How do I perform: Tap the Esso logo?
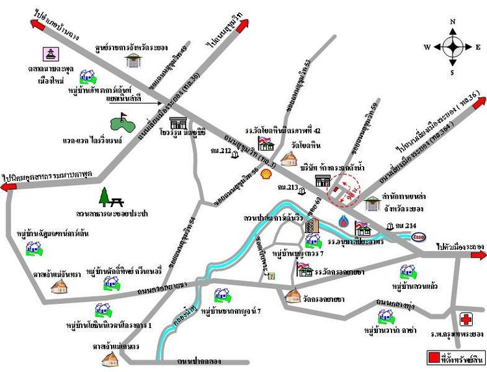419,236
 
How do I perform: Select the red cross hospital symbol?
466,319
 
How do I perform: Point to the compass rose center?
453,46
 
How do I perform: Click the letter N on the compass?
453,21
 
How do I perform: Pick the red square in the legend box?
432,358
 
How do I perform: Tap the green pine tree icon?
106,196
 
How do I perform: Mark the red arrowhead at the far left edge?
9,187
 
